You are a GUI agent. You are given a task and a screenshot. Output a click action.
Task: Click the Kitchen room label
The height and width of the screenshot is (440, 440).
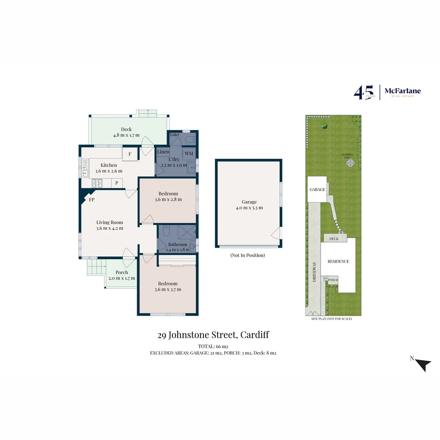[109, 165]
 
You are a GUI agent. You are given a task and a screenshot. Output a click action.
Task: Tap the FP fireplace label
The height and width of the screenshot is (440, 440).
[92, 200]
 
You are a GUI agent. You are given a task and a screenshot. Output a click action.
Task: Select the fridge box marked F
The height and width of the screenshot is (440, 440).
[130, 154]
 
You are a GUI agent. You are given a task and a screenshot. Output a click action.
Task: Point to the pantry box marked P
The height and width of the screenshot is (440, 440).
[117, 183]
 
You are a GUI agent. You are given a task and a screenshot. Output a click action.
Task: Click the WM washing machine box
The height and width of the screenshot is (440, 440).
[189, 153]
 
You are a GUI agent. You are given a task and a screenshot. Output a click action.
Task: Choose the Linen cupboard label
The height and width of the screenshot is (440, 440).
[163, 152]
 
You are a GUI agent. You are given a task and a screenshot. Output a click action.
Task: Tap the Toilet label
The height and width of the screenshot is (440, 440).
[174, 134]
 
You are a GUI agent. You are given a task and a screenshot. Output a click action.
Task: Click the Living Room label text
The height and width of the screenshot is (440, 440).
[110, 222]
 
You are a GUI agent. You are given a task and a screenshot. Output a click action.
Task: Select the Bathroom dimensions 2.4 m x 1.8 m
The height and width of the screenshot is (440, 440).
[178, 250]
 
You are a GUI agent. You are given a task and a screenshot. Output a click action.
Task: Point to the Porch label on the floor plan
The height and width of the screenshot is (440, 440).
[121, 272]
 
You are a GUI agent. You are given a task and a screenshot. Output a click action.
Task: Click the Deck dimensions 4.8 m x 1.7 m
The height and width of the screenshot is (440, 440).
[126, 135]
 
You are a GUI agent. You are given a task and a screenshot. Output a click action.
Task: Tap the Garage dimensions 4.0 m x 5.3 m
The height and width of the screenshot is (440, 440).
[249, 207]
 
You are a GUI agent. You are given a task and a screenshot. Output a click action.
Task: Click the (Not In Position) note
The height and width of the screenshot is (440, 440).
[248, 255]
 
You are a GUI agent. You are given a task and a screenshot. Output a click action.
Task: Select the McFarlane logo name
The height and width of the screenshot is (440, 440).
[403, 91]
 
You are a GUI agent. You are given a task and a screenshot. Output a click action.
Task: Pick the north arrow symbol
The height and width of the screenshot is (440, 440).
[424, 364]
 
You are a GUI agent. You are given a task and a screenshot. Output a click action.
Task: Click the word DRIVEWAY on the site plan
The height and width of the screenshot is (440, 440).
[314, 272]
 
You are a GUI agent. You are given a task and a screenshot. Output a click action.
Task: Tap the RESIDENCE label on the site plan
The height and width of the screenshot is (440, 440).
[338, 262]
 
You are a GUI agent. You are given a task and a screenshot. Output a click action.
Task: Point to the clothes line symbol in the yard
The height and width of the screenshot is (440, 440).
[350, 163]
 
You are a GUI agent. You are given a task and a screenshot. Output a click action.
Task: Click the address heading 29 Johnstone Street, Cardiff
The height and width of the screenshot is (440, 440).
[213, 335]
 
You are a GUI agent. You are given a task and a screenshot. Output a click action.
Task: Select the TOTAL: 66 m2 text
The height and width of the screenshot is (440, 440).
[213, 346]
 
